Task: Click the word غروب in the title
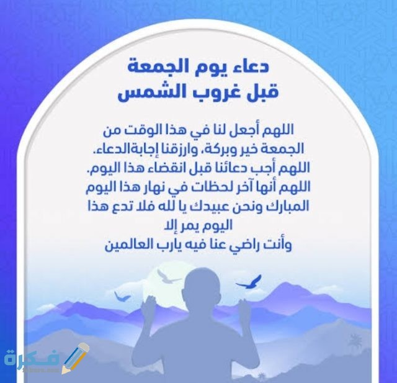point(202,94)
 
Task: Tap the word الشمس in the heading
point(148,94)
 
